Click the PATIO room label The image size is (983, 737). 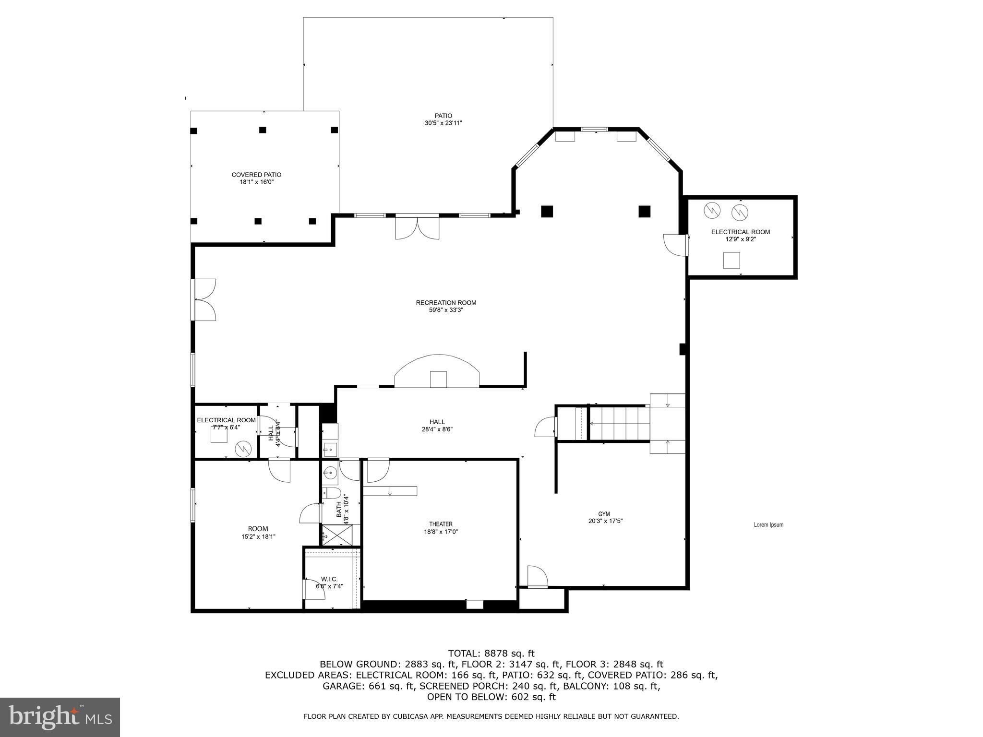coord(443,116)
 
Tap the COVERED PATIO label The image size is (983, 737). coord(256,175)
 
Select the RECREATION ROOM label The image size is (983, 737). coord(446,303)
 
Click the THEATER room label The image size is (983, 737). coord(441,524)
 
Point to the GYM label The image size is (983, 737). coord(604,514)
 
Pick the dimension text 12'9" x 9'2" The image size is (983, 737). coord(740,239)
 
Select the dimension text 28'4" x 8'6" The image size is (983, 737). coord(437,429)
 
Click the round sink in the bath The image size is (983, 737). coord(329,473)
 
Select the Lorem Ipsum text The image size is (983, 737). coord(768,525)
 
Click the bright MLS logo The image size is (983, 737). coord(60,717)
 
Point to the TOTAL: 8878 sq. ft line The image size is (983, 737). coord(491,654)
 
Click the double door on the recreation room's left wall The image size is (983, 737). coord(204,299)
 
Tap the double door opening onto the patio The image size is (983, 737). coord(417,228)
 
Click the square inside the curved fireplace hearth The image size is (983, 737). coord(438,379)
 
